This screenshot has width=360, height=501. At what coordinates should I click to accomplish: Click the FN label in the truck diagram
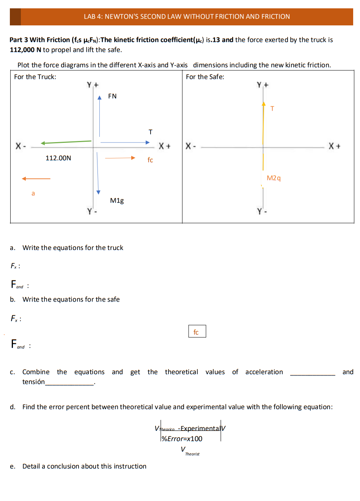[112, 96]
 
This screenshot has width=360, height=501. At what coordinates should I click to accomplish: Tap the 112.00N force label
[58, 158]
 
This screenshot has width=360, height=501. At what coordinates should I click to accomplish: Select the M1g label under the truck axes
[117, 200]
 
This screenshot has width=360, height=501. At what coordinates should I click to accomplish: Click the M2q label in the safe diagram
[274, 178]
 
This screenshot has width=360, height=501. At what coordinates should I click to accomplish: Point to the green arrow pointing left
[66, 142]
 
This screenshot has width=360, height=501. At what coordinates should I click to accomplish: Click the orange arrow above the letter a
[36, 178]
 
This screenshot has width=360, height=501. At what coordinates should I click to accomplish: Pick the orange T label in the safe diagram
[272, 109]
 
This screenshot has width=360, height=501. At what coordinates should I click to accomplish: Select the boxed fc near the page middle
[197, 332]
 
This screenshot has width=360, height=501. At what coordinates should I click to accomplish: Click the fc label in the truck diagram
[150, 160]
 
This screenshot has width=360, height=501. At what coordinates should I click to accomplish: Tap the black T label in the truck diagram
[150, 132]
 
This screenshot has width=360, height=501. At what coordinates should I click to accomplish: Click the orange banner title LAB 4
[187, 17]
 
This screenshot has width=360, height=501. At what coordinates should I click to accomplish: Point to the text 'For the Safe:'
[205, 77]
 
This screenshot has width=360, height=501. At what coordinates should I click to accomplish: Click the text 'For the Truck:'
[35, 77]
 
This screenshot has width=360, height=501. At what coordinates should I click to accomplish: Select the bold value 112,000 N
[25, 50]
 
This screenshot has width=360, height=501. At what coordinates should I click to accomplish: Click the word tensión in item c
[33, 382]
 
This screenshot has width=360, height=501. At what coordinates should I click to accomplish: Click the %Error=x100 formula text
[182, 439]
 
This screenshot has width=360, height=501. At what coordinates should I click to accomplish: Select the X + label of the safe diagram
[335, 146]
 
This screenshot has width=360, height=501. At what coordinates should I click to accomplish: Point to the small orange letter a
[33, 194]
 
